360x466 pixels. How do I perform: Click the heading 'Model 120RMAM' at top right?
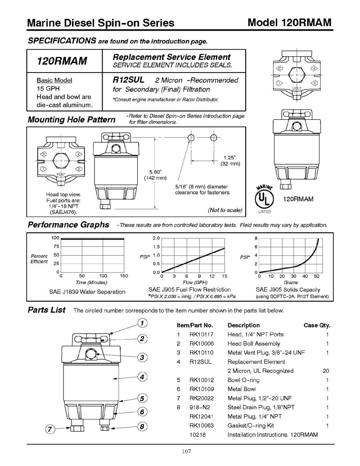click(289, 23)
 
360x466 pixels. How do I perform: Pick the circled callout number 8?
click(142, 426)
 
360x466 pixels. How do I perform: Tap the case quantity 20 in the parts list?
click(326, 371)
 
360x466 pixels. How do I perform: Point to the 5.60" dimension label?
click(155, 172)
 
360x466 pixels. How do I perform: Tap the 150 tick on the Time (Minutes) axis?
click(124, 276)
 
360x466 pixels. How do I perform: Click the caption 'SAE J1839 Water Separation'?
click(87, 292)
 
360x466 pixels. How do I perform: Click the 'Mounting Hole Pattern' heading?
click(72, 120)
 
